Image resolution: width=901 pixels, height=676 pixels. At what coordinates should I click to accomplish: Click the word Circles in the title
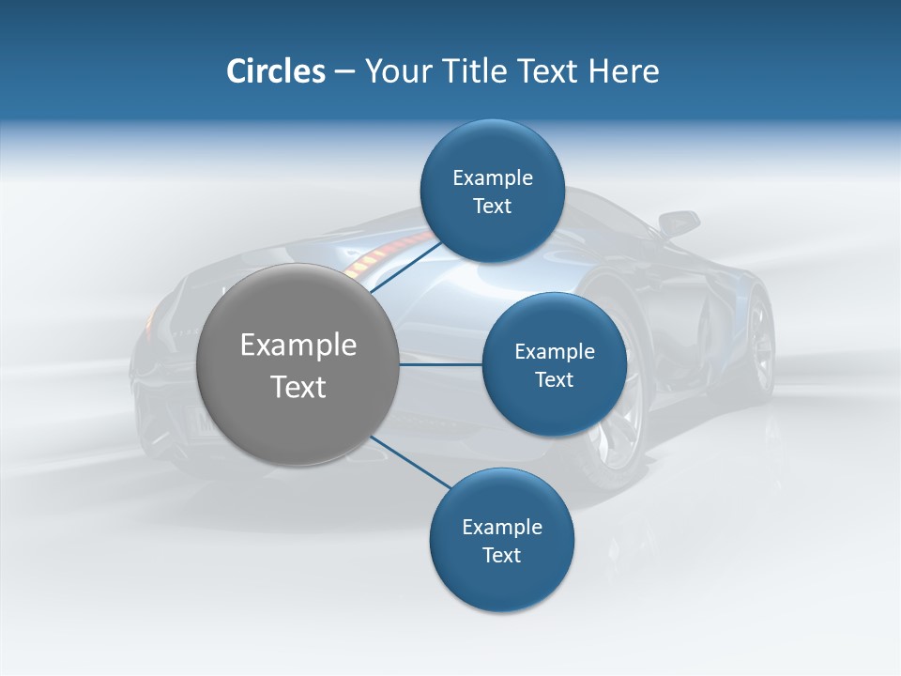pyautogui.click(x=275, y=71)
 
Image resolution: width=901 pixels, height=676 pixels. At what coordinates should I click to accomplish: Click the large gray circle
pyautogui.click(x=298, y=364)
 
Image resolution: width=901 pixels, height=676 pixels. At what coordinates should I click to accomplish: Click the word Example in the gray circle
pyautogui.click(x=298, y=346)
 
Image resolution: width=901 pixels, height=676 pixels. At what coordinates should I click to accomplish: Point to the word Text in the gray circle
pyautogui.click(x=298, y=387)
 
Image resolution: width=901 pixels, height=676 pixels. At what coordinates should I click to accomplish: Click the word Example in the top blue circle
pyautogui.click(x=492, y=178)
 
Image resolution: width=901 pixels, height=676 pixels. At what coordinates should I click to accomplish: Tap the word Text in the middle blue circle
pyautogui.click(x=554, y=380)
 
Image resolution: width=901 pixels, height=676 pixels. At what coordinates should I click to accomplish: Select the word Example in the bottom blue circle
pyautogui.click(x=501, y=528)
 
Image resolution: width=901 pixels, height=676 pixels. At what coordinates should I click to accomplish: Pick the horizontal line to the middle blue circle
pyautogui.click(x=441, y=364)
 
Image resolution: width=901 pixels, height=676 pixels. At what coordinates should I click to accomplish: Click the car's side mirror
pyautogui.click(x=678, y=223)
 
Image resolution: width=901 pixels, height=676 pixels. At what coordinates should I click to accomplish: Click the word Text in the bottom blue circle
pyautogui.click(x=501, y=556)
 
